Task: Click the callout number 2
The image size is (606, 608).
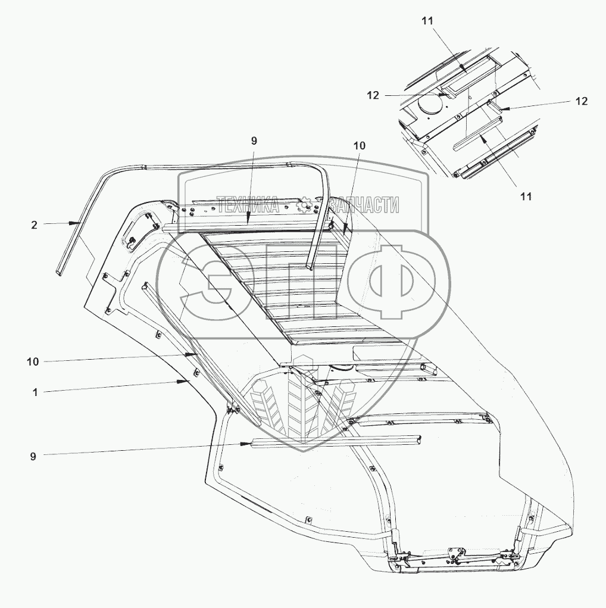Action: (34, 225)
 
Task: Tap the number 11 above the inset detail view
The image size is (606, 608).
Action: (428, 20)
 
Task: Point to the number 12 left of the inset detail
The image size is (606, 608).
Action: (373, 95)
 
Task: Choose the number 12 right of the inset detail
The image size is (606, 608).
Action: (581, 101)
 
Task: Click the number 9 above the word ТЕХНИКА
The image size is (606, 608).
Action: (254, 141)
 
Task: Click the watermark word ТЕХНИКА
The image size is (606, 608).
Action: (248, 205)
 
